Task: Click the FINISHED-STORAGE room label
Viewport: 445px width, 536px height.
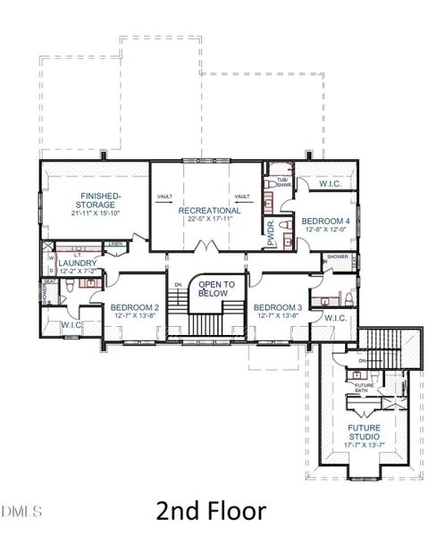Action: (x=100, y=199)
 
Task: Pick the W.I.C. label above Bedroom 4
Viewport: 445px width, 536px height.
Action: (x=330, y=185)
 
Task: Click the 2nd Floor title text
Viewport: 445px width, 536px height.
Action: (x=210, y=511)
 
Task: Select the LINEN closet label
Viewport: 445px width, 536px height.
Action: (x=115, y=243)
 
